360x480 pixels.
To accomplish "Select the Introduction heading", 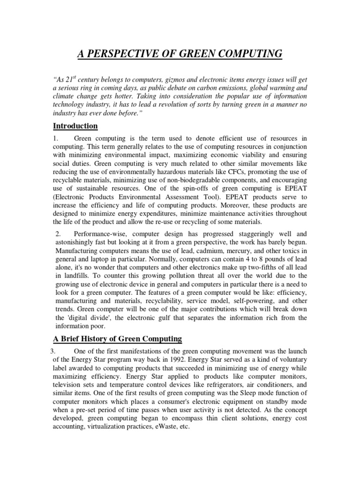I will tap(75, 126).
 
